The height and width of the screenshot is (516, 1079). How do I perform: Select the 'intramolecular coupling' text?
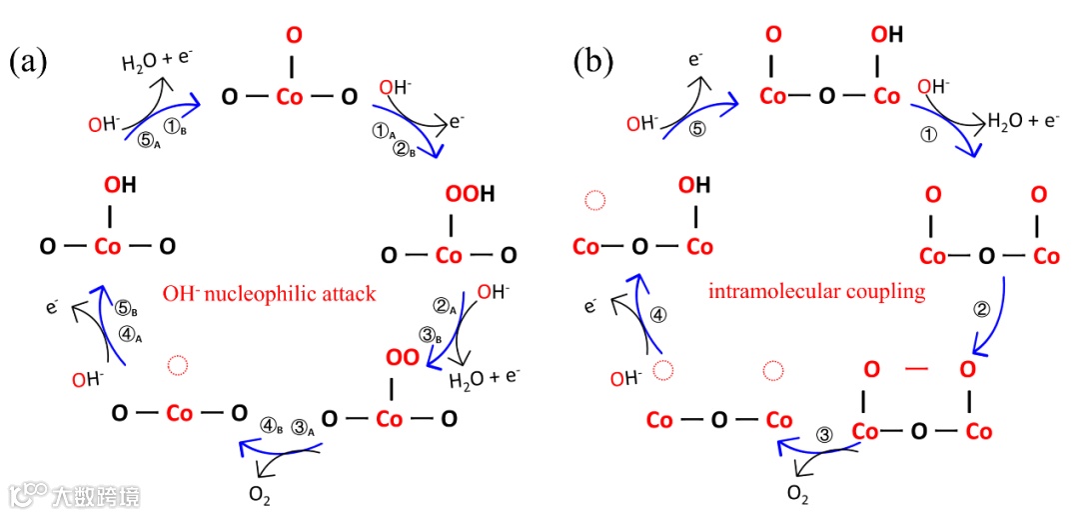(816, 293)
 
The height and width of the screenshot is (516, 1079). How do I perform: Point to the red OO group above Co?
(401, 357)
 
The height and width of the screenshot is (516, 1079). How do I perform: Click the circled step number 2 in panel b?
(982, 310)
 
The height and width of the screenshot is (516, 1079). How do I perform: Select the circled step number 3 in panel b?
(824, 435)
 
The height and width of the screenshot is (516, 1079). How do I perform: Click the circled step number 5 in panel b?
(697, 128)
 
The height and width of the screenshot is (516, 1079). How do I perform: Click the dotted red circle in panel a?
(177, 365)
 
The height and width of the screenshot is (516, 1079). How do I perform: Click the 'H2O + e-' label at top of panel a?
(157, 62)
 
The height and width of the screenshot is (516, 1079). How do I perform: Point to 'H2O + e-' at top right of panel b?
(1022, 122)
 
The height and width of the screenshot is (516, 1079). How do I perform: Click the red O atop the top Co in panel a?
(292, 36)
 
